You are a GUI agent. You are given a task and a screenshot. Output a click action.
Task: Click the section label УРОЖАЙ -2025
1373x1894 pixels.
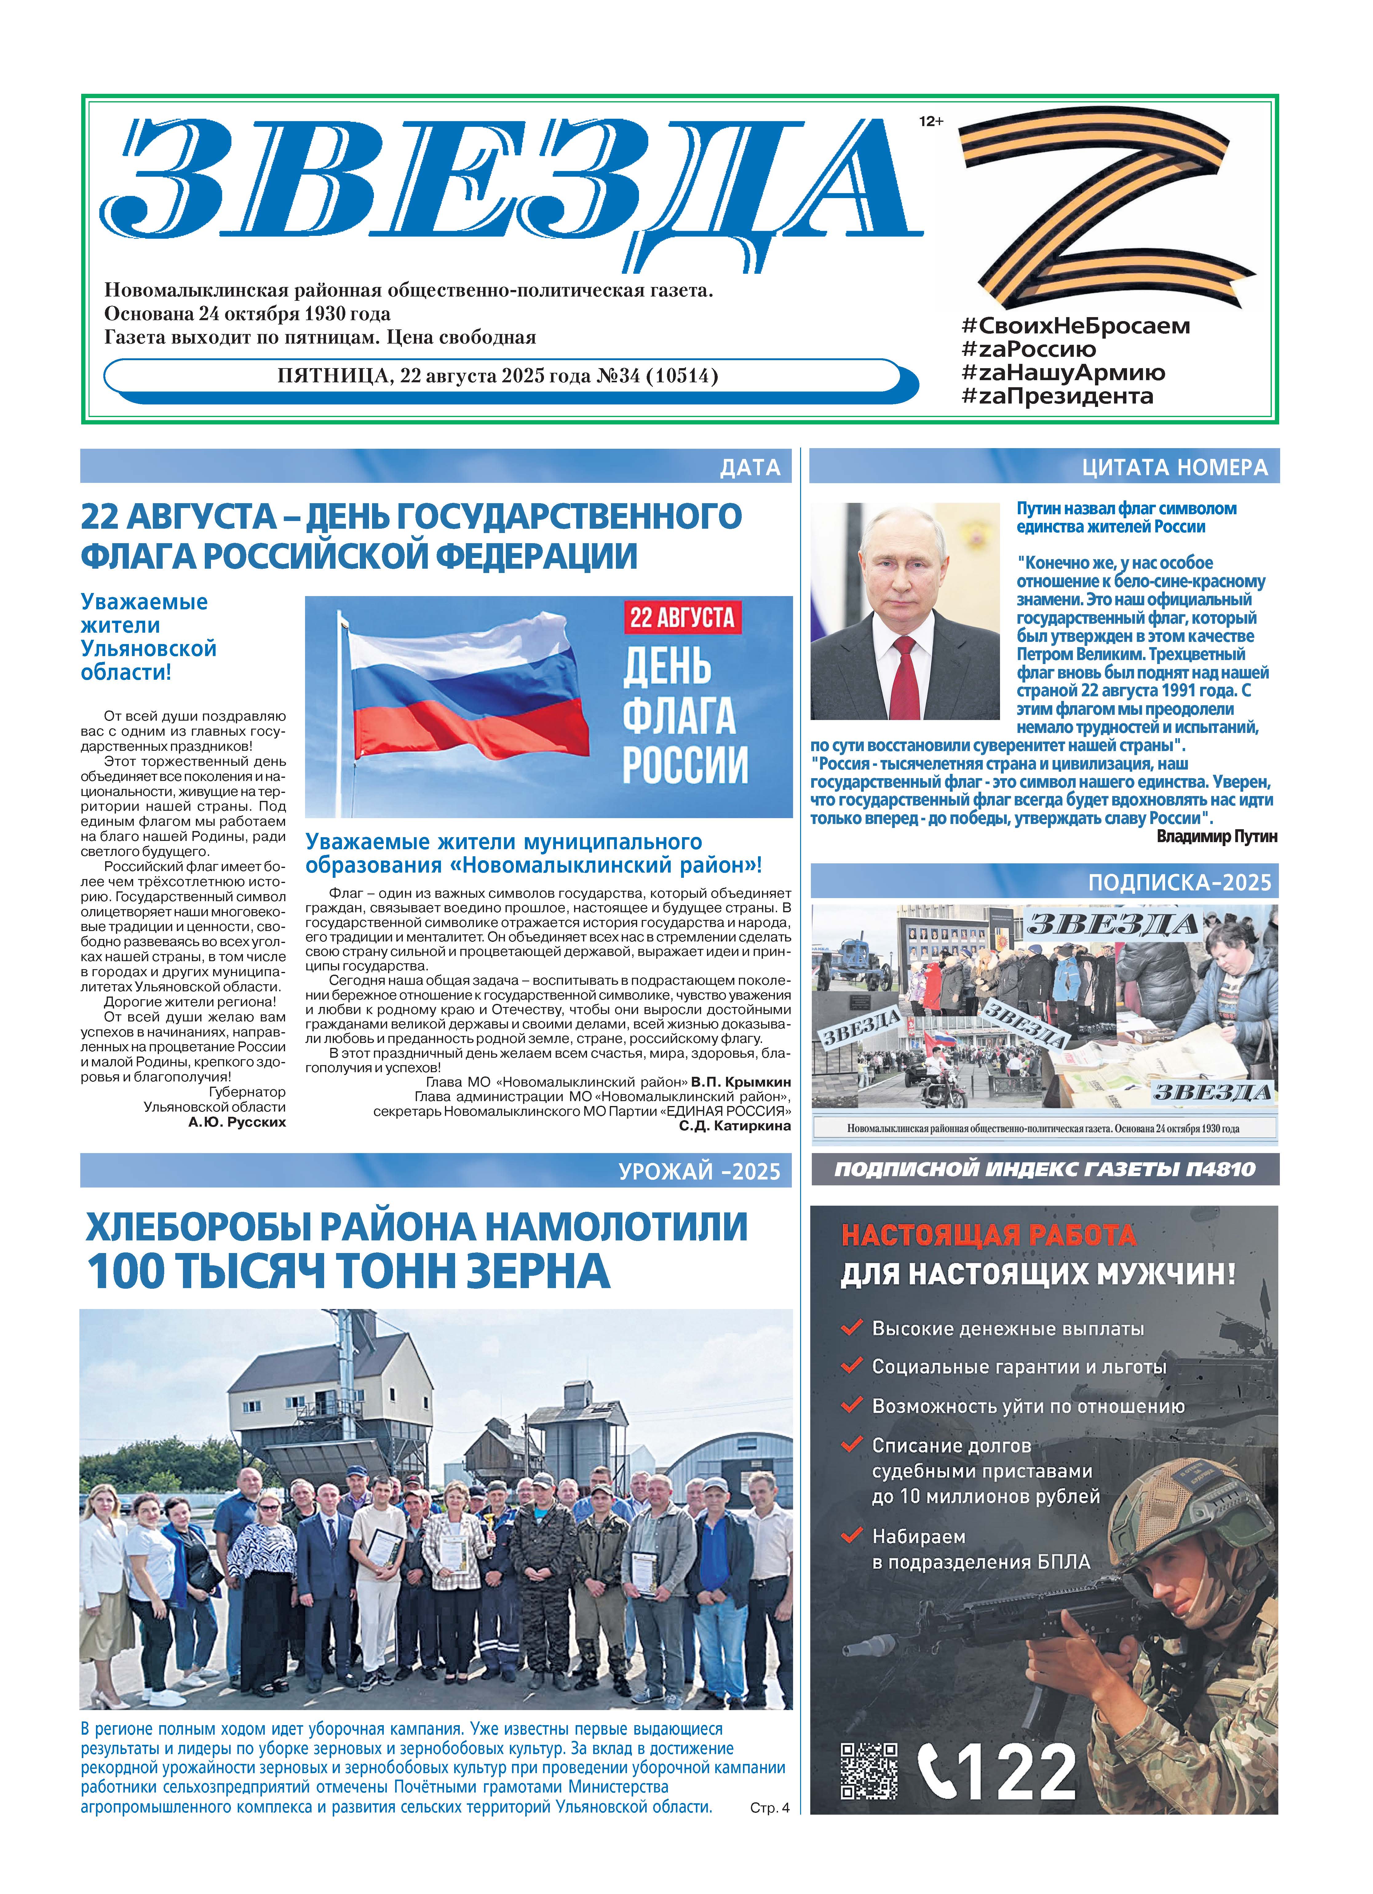pos(699,1172)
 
